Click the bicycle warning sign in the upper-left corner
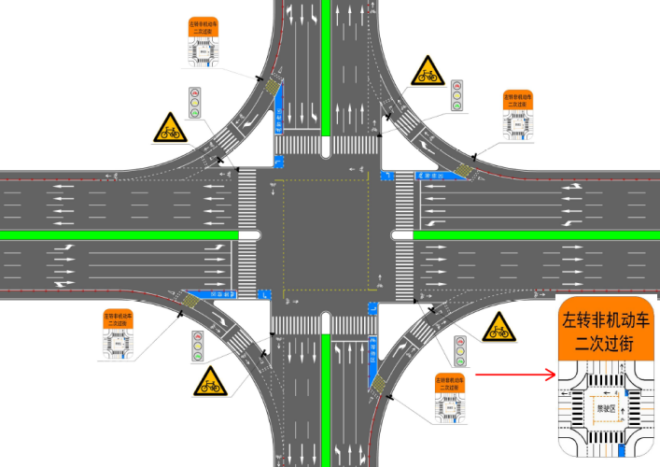169,129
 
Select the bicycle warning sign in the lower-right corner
499,327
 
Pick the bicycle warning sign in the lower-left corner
209,381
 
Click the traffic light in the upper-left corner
195,103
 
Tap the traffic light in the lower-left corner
197,347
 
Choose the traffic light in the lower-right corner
459,351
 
